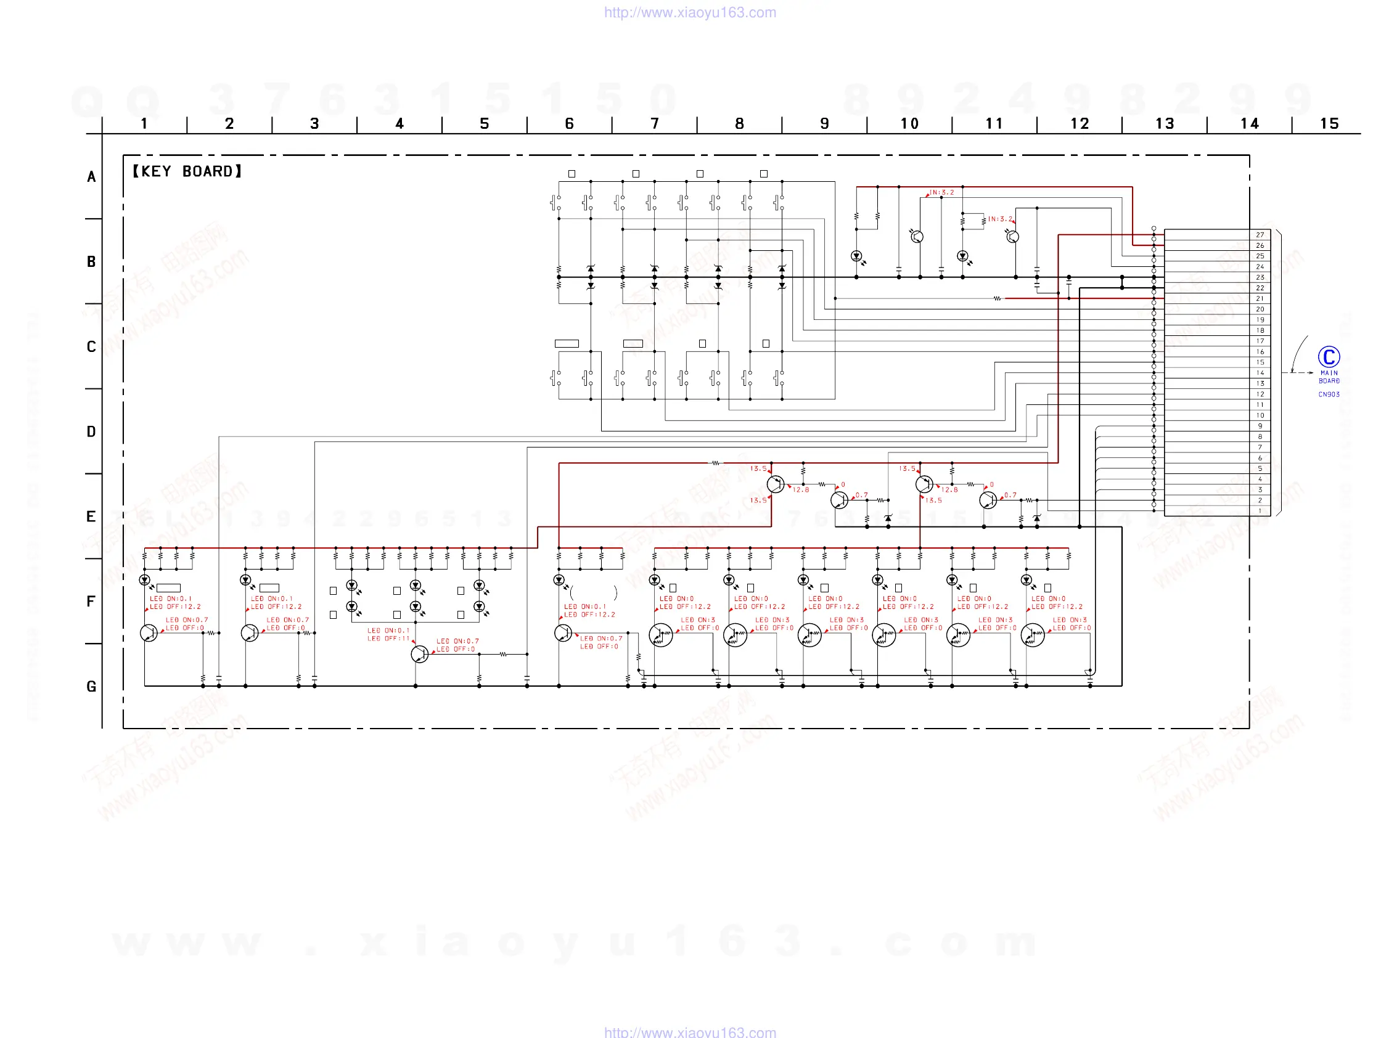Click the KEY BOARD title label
point(187,171)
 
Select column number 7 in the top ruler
point(654,124)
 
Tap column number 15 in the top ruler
point(1329,124)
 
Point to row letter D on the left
point(91,432)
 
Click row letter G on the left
point(91,687)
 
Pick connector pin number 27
point(1260,235)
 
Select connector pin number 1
point(1260,510)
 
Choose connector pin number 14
point(1260,373)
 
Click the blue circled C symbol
point(1329,357)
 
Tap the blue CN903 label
point(1329,394)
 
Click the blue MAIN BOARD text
point(1329,377)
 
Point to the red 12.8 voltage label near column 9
point(800,490)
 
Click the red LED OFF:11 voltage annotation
point(388,639)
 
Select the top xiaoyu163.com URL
point(690,12)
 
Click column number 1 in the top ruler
point(144,124)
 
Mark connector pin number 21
point(1260,298)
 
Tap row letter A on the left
point(91,178)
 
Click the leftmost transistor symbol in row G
point(149,632)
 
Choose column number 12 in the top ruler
point(1080,124)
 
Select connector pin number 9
point(1260,426)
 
